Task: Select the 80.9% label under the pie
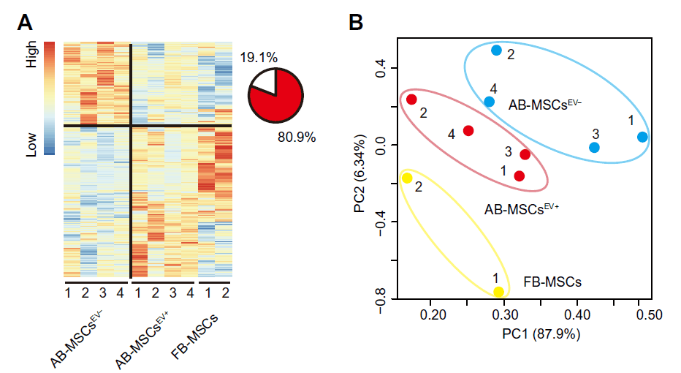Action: point(297,137)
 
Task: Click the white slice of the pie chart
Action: point(263,83)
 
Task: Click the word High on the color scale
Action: point(31,53)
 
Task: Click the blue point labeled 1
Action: point(642,137)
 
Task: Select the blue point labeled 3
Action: point(594,148)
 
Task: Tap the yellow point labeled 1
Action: point(499,293)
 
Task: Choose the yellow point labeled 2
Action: point(407,178)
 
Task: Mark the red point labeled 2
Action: point(411,99)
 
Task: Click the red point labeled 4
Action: point(468,131)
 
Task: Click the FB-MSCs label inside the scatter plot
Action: point(554,281)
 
